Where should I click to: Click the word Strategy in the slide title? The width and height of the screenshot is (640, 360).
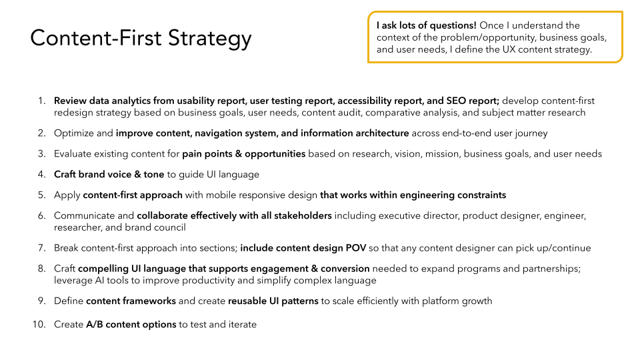click(x=210, y=39)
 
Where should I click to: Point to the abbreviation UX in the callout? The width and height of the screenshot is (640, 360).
click(x=509, y=49)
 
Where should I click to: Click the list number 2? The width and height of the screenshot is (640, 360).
click(x=41, y=133)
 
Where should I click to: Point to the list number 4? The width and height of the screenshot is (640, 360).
click(x=41, y=174)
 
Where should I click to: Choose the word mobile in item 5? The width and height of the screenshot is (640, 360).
click(x=221, y=195)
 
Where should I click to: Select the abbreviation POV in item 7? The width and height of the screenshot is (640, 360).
click(x=356, y=248)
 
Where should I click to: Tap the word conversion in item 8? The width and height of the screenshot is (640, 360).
click(x=345, y=269)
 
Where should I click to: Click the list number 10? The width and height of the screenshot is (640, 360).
click(x=39, y=325)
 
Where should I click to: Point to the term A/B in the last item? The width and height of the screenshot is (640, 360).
click(x=94, y=325)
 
